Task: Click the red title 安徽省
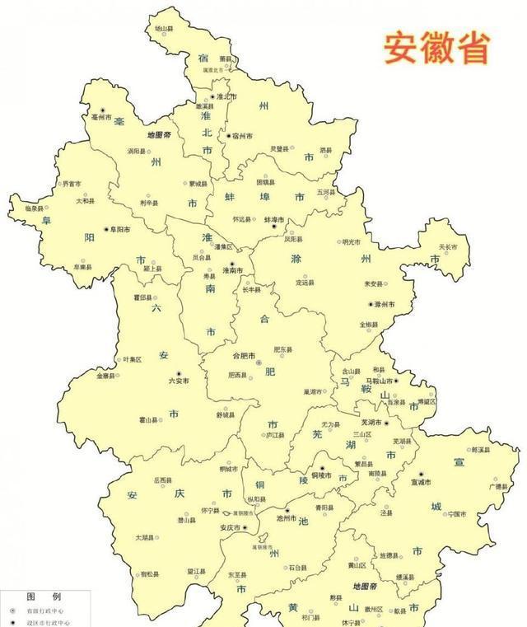tap(436, 48)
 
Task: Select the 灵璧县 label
tap(280, 149)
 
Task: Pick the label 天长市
tap(448, 246)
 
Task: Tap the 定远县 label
tap(305, 283)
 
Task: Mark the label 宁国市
tap(458, 513)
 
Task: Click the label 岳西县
tap(162, 480)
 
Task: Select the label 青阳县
tap(324, 508)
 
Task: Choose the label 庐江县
tap(274, 435)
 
